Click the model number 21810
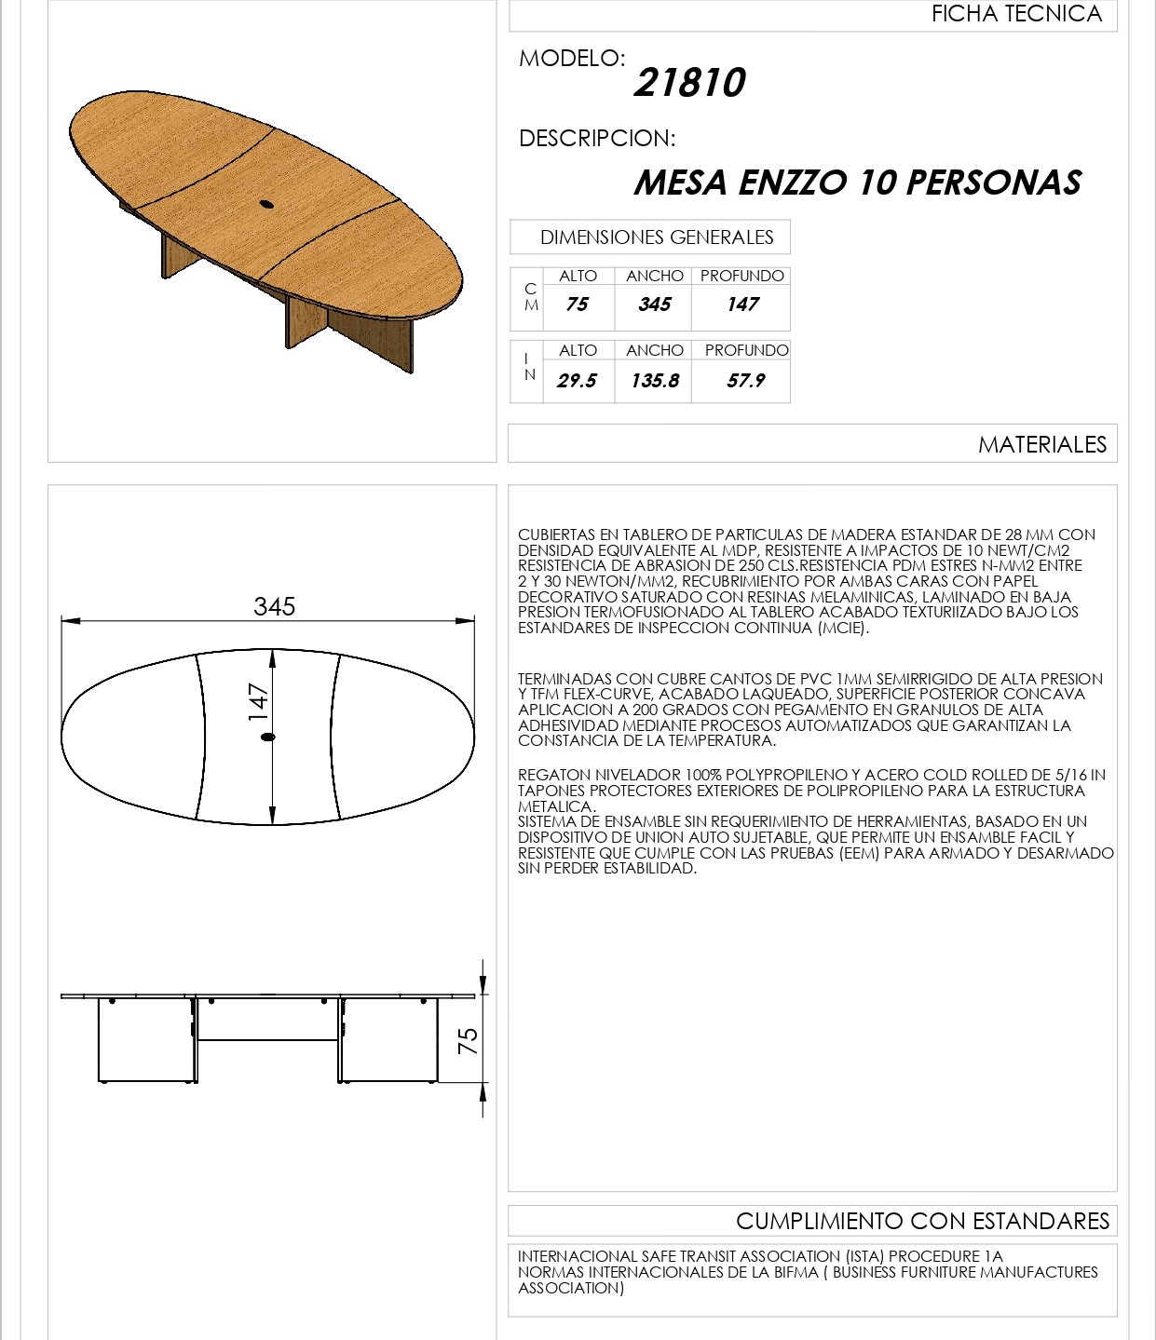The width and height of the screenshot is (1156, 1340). [689, 83]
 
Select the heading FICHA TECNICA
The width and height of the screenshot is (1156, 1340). [1016, 14]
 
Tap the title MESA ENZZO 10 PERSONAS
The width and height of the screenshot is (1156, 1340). [857, 183]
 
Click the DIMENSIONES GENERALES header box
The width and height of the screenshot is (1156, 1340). [656, 237]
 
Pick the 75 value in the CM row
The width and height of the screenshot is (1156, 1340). [577, 305]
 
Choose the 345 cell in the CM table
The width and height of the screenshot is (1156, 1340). [654, 305]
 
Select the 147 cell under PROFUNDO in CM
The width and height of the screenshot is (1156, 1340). [742, 305]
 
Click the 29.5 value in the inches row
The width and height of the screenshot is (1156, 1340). [577, 381]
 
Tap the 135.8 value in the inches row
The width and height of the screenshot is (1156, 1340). [654, 381]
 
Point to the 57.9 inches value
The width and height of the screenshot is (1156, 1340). [745, 381]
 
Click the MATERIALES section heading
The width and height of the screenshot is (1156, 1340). [1041, 445]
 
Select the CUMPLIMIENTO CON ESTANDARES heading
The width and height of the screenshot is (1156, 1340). [922, 1221]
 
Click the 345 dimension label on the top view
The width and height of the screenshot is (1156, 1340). [274, 606]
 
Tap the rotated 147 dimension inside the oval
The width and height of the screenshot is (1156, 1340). [258, 702]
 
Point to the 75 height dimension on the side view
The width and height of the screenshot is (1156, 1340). [469, 1039]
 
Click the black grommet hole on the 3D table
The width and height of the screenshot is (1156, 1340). [266, 202]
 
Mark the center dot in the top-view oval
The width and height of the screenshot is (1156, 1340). [268, 737]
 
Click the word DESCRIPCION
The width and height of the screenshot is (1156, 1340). [596, 139]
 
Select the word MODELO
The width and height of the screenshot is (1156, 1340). [571, 58]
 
